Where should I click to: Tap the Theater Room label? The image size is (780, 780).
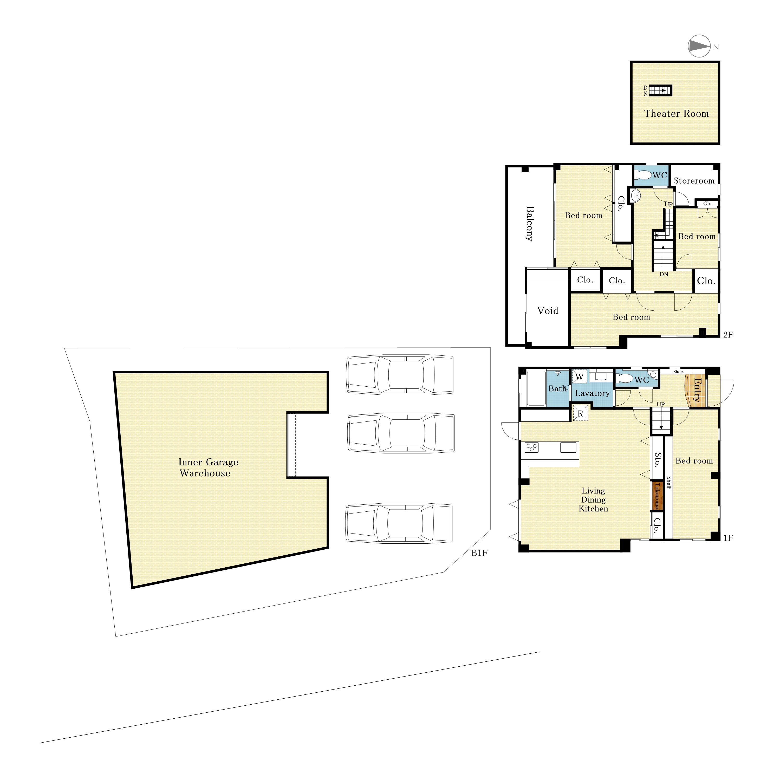(676, 113)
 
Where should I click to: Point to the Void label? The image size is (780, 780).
(548, 310)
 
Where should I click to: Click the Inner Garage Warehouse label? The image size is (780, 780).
(208, 467)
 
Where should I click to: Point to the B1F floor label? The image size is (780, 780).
(480, 553)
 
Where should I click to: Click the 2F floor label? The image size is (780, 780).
(728, 334)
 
